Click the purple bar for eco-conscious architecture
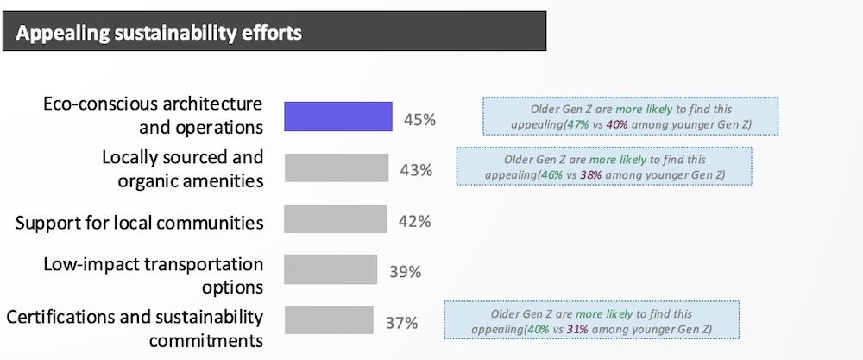(338, 117)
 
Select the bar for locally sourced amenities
(335, 169)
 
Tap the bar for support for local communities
(334, 221)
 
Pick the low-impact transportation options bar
(331, 270)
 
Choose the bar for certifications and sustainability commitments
(329, 322)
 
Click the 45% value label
(419, 118)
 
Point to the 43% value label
(416, 170)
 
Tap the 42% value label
(414, 222)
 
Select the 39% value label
(404, 272)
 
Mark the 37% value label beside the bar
(401, 324)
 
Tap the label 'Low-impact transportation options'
(154, 275)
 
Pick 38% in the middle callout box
(616, 175)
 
